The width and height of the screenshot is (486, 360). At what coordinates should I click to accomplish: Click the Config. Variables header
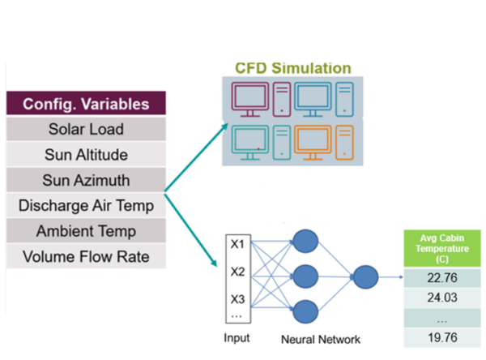coord(85,104)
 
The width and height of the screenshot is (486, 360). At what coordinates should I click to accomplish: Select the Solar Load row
coord(85,130)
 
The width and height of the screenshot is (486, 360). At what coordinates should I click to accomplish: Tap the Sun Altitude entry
coord(85,155)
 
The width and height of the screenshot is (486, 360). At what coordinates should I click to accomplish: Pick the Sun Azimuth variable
coord(85,180)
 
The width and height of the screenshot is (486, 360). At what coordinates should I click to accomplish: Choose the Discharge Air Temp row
coord(85,206)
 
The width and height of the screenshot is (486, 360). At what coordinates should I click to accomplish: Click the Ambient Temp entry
coord(85,232)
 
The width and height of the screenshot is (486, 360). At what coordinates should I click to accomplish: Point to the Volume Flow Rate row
coord(85,258)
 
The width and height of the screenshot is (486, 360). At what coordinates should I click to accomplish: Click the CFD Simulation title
coord(292,68)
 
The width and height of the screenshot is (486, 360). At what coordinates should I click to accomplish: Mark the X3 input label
coord(237,298)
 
